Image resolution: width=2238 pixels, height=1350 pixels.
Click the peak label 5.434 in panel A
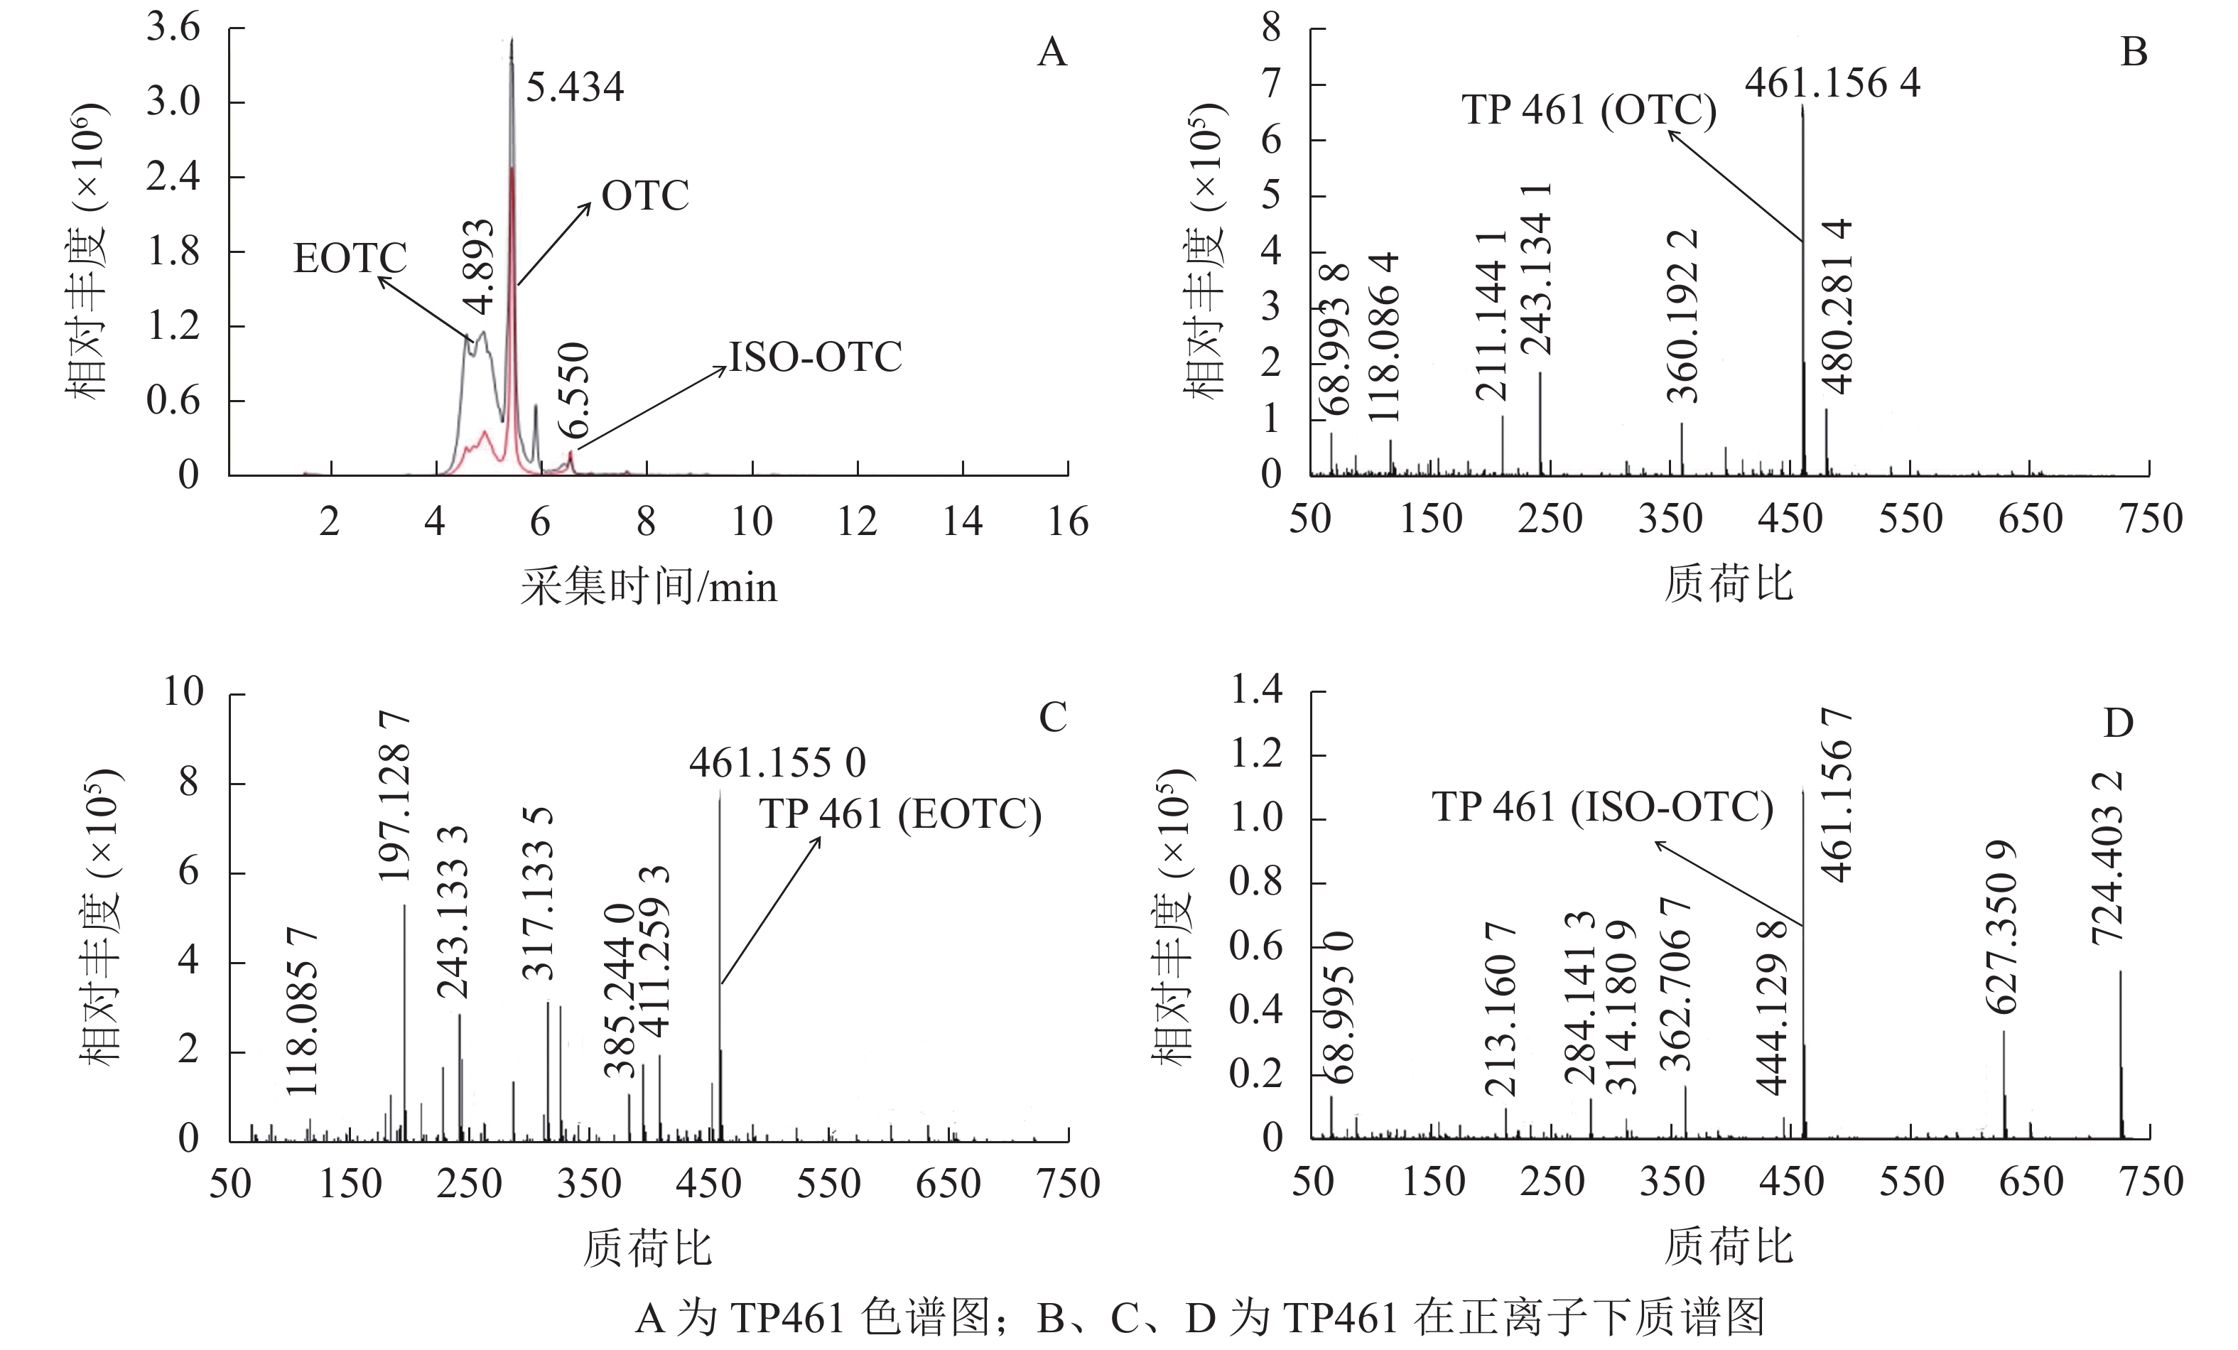point(574,88)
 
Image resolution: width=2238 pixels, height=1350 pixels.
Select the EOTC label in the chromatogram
point(350,259)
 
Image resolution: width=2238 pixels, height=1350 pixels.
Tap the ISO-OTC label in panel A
point(815,357)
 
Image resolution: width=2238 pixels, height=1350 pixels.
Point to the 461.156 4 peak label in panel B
point(1832,84)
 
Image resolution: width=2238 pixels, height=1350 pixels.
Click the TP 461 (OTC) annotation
point(1589,110)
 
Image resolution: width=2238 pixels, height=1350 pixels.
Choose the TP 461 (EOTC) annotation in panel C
point(900,814)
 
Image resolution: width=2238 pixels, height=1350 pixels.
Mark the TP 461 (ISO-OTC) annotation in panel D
point(1602,806)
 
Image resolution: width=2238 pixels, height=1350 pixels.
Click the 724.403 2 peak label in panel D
point(2107,858)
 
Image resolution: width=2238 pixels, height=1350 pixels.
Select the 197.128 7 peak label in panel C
point(395,796)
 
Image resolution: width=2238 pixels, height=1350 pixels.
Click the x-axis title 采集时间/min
point(649,587)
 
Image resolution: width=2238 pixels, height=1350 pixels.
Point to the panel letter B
point(2134,53)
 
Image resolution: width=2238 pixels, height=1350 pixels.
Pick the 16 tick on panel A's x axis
point(1067,522)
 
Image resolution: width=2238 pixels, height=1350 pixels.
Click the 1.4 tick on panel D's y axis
point(1255,691)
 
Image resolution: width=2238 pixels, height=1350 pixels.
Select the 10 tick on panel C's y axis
point(183,692)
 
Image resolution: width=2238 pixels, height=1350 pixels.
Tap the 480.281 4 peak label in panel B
point(1837,307)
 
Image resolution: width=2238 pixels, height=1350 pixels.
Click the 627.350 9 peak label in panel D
point(2001,927)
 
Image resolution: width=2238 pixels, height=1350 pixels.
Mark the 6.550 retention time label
point(574,391)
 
